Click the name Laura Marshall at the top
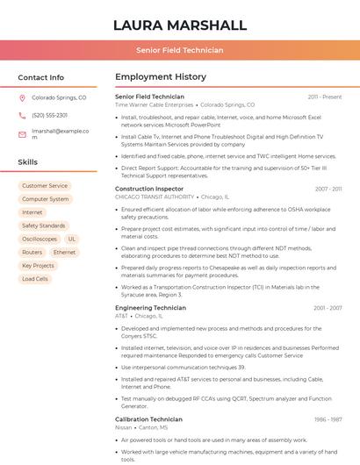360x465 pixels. [x=179, y=25]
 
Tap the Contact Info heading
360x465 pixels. [x=41, y=77]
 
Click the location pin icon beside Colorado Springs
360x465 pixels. [x=22, y=98]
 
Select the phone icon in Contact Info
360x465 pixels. [x=22, y=115]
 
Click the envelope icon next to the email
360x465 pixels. [x=22, y=133]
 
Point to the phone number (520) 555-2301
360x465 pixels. [x=49, y=115]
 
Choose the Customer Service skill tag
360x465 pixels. [x=45, y=186]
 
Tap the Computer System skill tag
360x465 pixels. [x=46, y=199]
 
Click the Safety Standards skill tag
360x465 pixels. [x=44, y=225]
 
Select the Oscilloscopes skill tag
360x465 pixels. [x=40, y=239]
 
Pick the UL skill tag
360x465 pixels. [x=72, y=239]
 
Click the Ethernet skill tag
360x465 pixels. [x=64, y=252]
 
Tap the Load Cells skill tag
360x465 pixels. [x=35, y=279]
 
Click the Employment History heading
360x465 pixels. [x=161, y=77]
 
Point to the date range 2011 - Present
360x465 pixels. [x=325, y=97]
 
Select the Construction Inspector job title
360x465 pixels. [x=149, y=189]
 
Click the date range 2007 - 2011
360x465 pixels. [x=328, y=189]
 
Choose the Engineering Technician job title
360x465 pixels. [x=150, y=308]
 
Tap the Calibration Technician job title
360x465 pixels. [x=150, y=419]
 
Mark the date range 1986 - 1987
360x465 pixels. [x=328, y=419]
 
